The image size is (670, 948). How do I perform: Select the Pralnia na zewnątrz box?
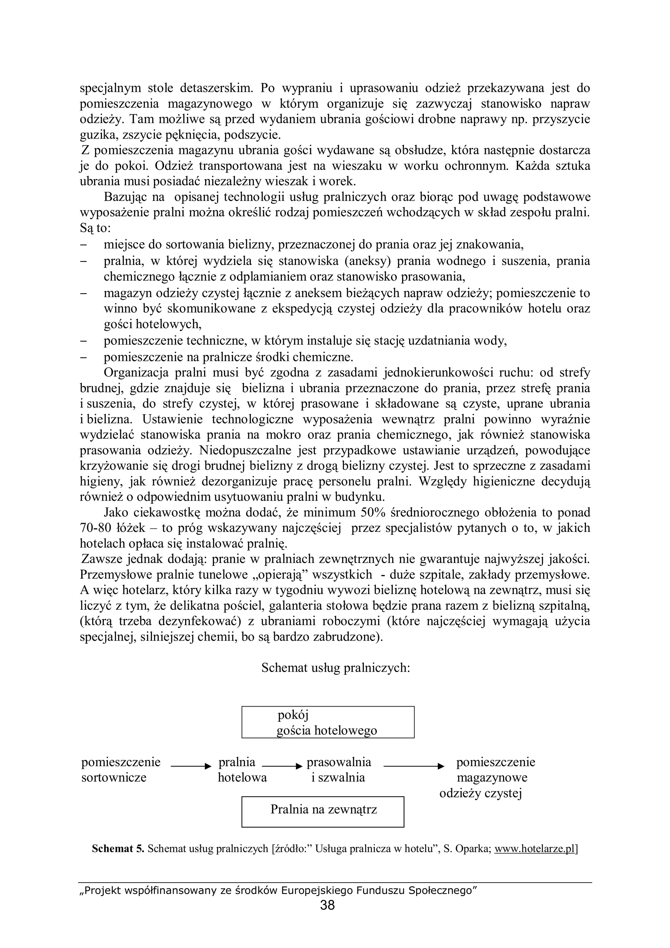click(x=323, y=809)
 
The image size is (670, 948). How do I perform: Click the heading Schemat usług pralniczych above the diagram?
click(x=335, y=668)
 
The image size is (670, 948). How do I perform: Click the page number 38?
click(x=327, y=905)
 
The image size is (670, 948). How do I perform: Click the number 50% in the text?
click(x=373, y=512)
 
